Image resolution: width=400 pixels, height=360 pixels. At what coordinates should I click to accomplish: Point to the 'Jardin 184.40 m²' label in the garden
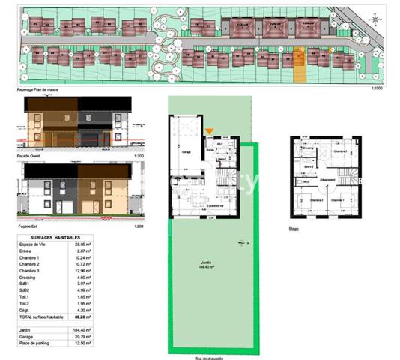pos(204,264)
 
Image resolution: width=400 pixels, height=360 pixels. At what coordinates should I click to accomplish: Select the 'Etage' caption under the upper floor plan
pos(293,229)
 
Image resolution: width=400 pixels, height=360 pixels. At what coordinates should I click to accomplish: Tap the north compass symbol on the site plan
pos(374,18)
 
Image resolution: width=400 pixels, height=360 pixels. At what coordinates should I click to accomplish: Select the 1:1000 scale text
pos(376,89)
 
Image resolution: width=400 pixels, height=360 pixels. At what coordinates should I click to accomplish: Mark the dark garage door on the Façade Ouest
pos(88,140)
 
